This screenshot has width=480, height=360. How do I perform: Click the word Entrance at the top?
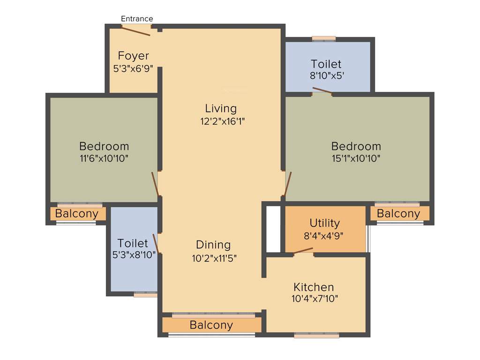point(137,19)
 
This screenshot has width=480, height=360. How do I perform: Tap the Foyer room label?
point(133,56)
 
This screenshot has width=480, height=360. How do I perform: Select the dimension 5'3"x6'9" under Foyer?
point(133,68)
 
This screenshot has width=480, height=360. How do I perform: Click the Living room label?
point(221,108)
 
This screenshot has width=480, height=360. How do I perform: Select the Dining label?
point(213,245)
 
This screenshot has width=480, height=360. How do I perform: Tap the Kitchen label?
point(314,287)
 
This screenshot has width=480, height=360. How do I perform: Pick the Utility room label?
point(324,223)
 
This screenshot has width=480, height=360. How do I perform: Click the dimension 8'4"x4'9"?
point(324,236)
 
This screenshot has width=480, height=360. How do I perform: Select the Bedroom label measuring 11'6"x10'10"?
point(104,146)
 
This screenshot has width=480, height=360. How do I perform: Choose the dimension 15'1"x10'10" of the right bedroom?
point(356,158)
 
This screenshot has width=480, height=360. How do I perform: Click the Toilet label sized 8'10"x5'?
point(326,64)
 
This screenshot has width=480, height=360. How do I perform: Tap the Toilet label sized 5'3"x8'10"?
point(133,243)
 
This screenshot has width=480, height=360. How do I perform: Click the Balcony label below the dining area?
point(211,325)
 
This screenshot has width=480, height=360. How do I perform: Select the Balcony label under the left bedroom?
point(77,214)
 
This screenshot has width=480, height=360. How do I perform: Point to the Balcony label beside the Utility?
point(398,214)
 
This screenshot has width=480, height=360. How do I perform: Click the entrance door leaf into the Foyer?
point(136,30)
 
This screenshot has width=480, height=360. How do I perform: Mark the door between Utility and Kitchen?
point(303,251)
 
